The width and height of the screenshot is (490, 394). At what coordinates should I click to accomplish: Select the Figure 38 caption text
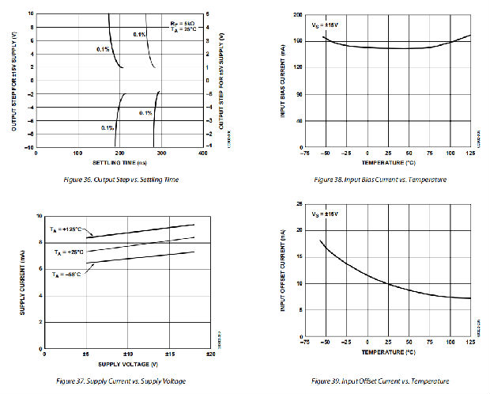380,180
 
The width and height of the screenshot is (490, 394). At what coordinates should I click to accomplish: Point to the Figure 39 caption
381,381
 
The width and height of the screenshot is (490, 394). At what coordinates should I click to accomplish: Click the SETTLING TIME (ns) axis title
119,162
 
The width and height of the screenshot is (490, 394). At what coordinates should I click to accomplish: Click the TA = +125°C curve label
67,229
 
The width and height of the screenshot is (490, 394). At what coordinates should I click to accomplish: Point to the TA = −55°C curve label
68,274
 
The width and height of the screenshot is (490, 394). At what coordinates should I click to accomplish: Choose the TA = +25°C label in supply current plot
70,252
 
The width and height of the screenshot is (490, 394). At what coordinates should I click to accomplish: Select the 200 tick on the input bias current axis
298,14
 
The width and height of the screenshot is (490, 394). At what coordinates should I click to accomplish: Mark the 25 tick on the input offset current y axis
299,203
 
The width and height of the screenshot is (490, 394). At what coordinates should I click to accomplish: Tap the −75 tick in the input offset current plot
305,354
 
